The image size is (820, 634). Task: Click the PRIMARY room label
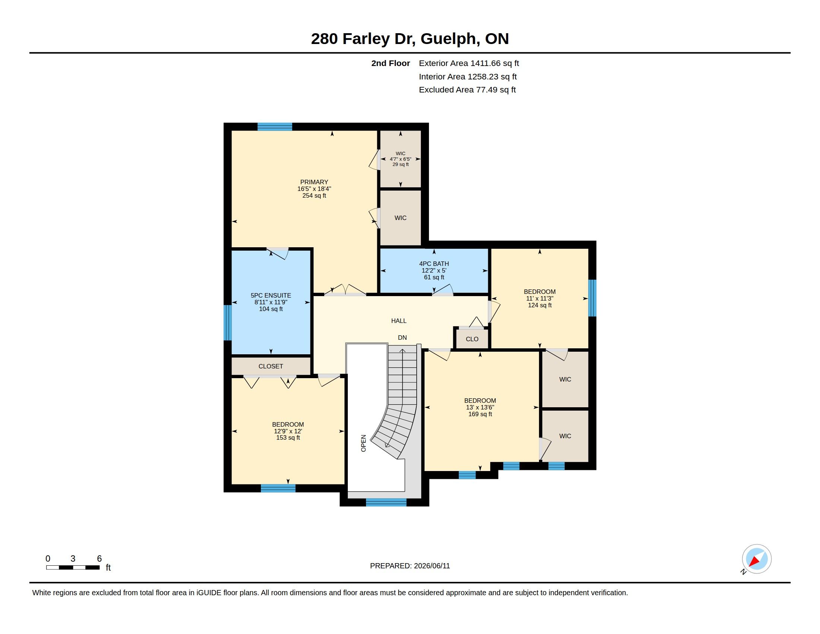pos(314,182)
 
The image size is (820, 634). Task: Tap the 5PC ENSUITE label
pos(271,296)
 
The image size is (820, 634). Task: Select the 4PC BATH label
pos(434,264)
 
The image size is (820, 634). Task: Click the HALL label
pos(399,321)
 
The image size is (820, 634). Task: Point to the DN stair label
pos(402,338)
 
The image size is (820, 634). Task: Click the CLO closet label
pos(472,339)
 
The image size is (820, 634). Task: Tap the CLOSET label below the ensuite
pos(271,366)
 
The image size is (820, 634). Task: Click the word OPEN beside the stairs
pos(363,443)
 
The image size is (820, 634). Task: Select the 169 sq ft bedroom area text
pos(480,414)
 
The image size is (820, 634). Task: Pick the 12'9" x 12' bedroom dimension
pos(288,431)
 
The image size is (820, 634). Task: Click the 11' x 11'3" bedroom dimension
pos(540,299)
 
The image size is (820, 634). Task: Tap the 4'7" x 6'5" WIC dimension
pos(400,159)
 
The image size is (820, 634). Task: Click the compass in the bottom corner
pos(756,559)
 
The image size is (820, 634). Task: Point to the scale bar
pos(73,567)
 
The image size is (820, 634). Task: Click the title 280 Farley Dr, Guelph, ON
pos(410,39)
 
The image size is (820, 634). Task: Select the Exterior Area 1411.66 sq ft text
pos(469,63)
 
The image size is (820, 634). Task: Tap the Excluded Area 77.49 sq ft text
pos(467,90)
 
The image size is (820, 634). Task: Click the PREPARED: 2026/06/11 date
pos(410,566)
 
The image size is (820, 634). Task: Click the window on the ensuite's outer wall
pos(227,323)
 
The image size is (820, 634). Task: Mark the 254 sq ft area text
pos(314,196)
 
